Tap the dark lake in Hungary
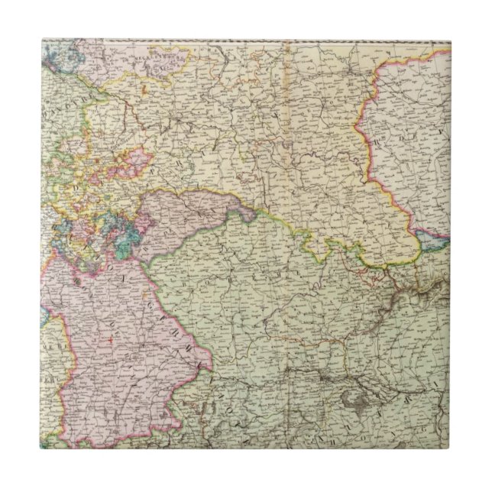(358, 398)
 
